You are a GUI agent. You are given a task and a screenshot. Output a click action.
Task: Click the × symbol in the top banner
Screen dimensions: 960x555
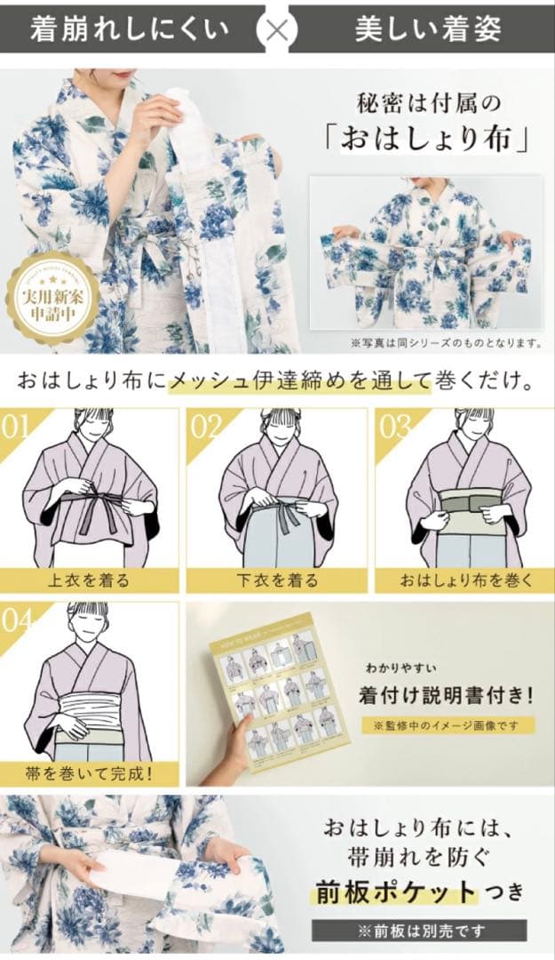tap(277, 28)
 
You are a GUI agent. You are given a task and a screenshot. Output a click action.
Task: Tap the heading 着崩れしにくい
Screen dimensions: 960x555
tap(130, 28)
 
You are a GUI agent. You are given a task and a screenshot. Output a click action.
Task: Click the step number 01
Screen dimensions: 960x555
tap(17, 427)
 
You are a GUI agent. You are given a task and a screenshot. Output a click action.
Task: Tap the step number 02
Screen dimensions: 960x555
tap(206, 427)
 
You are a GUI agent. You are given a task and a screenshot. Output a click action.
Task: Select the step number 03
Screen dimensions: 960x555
tap(395, 427)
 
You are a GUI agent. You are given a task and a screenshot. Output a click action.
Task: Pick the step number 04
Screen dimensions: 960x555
tap(17, 620)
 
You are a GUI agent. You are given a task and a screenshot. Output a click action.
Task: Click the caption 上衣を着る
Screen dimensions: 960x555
tap(89, 580)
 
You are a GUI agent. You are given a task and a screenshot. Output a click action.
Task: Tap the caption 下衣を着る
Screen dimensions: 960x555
tap(277, 580)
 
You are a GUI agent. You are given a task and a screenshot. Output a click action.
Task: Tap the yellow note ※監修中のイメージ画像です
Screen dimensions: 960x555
tap(447, 724)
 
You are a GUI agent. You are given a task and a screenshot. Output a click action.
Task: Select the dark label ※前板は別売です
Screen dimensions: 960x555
tap(418, 931)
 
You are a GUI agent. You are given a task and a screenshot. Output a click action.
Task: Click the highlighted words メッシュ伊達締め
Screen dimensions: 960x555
tap(268, 383)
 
